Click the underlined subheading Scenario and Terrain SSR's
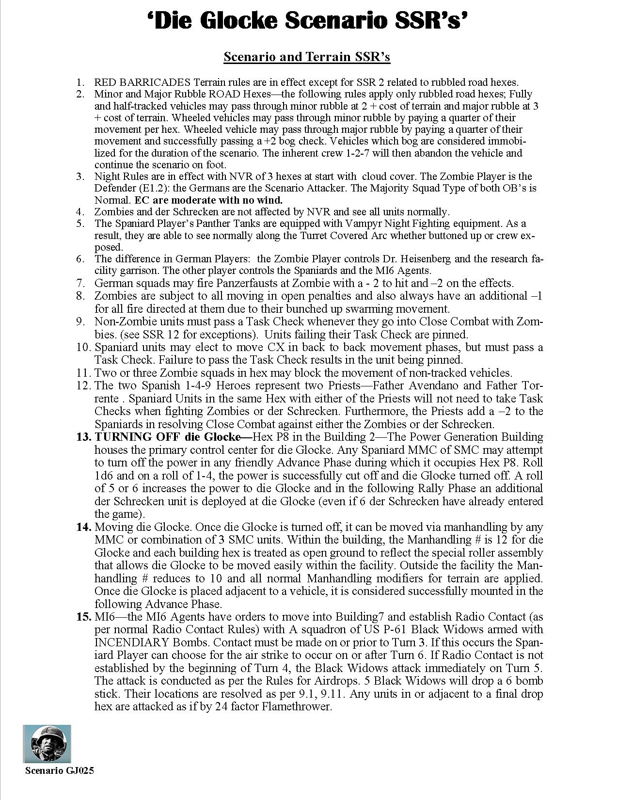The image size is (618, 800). point(307,57)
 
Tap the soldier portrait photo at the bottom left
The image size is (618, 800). point(47,744)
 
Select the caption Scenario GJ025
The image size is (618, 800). point(59,771)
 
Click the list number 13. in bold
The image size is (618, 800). point(83,437)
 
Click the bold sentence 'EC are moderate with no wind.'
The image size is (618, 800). point(208,200)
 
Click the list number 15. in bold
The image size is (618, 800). point(83,617)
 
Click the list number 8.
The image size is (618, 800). point(80,296)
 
